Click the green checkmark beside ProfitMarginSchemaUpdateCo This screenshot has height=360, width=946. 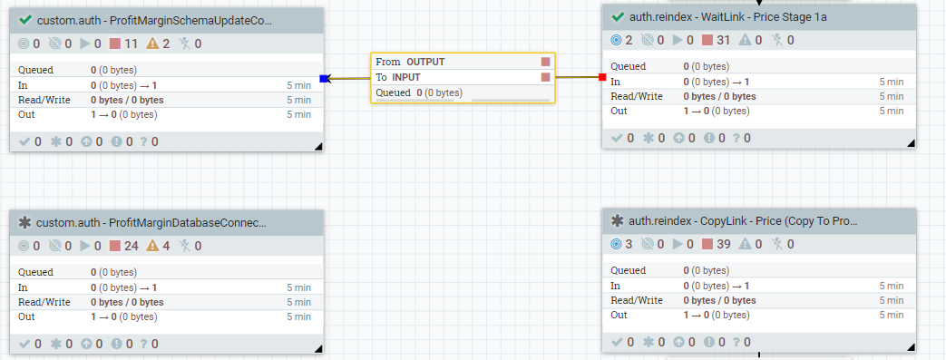tap(25, 20)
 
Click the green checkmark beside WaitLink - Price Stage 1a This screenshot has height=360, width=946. tap(617, 16)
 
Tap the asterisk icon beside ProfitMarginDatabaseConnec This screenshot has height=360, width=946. tap(24, 222)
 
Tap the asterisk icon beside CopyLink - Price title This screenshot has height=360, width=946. tap(617, 220)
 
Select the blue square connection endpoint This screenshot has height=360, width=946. tap(324, 78)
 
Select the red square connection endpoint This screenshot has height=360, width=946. tap(602, 77)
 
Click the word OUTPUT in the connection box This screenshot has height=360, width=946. tap(425, 62)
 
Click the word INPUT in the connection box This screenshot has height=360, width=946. tap(406, 77)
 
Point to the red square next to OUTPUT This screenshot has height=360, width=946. tap(545, 62)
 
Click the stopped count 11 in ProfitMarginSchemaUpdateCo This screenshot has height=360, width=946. tap(132, 44)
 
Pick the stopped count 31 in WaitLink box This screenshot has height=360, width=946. tap(724, 41)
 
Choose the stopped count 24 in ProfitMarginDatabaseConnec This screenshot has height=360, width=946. tap(132, 246)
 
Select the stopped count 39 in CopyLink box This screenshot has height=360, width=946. tap(724, 244)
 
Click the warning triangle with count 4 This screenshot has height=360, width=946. tap(152, 246)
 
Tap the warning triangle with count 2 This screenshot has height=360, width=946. tap(152, 44)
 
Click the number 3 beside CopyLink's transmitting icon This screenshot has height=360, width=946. tap(629, 244)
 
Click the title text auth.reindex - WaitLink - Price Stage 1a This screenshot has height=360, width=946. tap(727, 17)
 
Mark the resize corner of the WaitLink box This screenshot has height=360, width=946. tap(911, 143)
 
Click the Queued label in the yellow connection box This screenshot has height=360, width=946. tap(394, 92)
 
